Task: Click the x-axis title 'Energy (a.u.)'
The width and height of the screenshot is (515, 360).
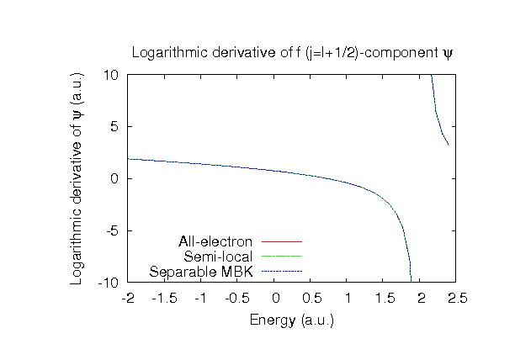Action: [x=292, y=320]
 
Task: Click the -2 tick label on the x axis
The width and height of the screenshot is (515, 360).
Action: [x=128, y=298]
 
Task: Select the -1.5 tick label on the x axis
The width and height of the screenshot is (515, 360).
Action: [x=164, y=298]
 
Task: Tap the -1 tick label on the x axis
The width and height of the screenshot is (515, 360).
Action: [x=201, y=298]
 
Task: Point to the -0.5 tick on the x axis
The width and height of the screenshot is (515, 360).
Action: [x=237, y=298]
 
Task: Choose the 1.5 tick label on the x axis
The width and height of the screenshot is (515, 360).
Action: [x=385, y=298]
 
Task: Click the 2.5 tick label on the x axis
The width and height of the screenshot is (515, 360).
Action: [x=458, y=298]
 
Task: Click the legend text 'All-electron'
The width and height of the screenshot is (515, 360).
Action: [x=216, y=242]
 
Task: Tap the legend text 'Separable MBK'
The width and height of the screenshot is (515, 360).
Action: [x=202, y=271]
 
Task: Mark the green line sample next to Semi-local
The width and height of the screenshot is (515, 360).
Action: [x=281, y=257]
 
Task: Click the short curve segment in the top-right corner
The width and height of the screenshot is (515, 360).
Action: [x=440, y=118]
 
